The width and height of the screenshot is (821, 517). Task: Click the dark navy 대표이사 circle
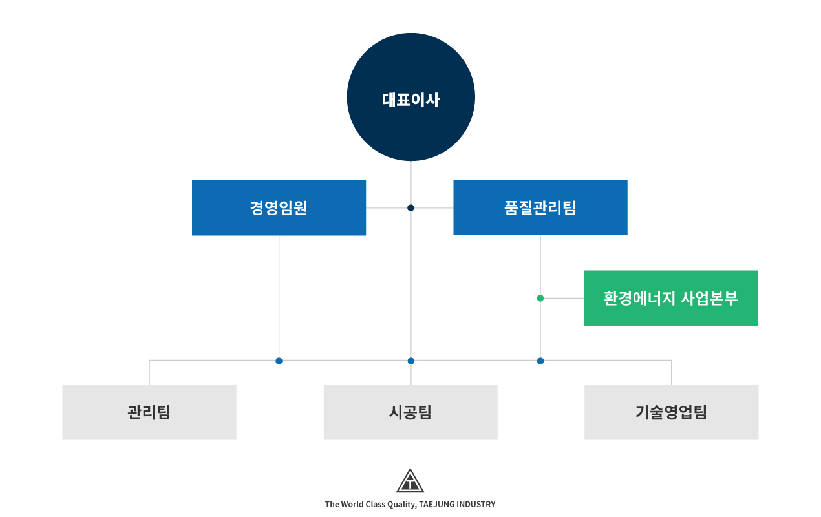pyautogui.click(x=411, y=97)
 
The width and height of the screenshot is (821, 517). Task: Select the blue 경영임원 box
pyautogui.click(x=279, y=207)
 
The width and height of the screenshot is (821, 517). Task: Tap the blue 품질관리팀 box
pyautogui.click(x=540, y=207)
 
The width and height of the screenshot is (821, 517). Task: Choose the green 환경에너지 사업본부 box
pyautogui.click(x=671, y=298)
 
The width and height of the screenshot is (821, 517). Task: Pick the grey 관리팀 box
pyautogui.click(x=149, y=412)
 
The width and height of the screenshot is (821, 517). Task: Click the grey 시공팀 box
pyautogui.click(x=410, y=412)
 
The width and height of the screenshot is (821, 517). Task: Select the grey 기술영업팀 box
pyautogui.click(x=672, y=412)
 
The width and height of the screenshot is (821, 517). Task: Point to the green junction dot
pyautogui.click(x=540, y=299)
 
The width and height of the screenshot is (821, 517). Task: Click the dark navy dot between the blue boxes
pyautogui.click(x=411, y=208)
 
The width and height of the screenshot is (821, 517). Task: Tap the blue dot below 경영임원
pyautogui.click(x=279, y=361)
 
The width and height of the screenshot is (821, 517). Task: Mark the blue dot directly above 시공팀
pyautogui.click(x=411, y=361)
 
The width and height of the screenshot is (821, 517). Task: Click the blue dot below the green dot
pyautogui.click(x=540, y=361)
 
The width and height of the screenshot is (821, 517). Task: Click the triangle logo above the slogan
pyautogui.click(x=410, y=480)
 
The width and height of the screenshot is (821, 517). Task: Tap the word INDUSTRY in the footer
pyautogui.click(x=476, y=505)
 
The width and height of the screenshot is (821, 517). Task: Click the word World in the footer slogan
pyautogui.click(x=352, y=505)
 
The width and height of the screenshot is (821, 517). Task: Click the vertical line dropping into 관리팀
pyautogui.click(x=149, y=372)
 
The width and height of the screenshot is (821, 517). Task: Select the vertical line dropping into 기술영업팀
pyautogui.click(x=672, y=372)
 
